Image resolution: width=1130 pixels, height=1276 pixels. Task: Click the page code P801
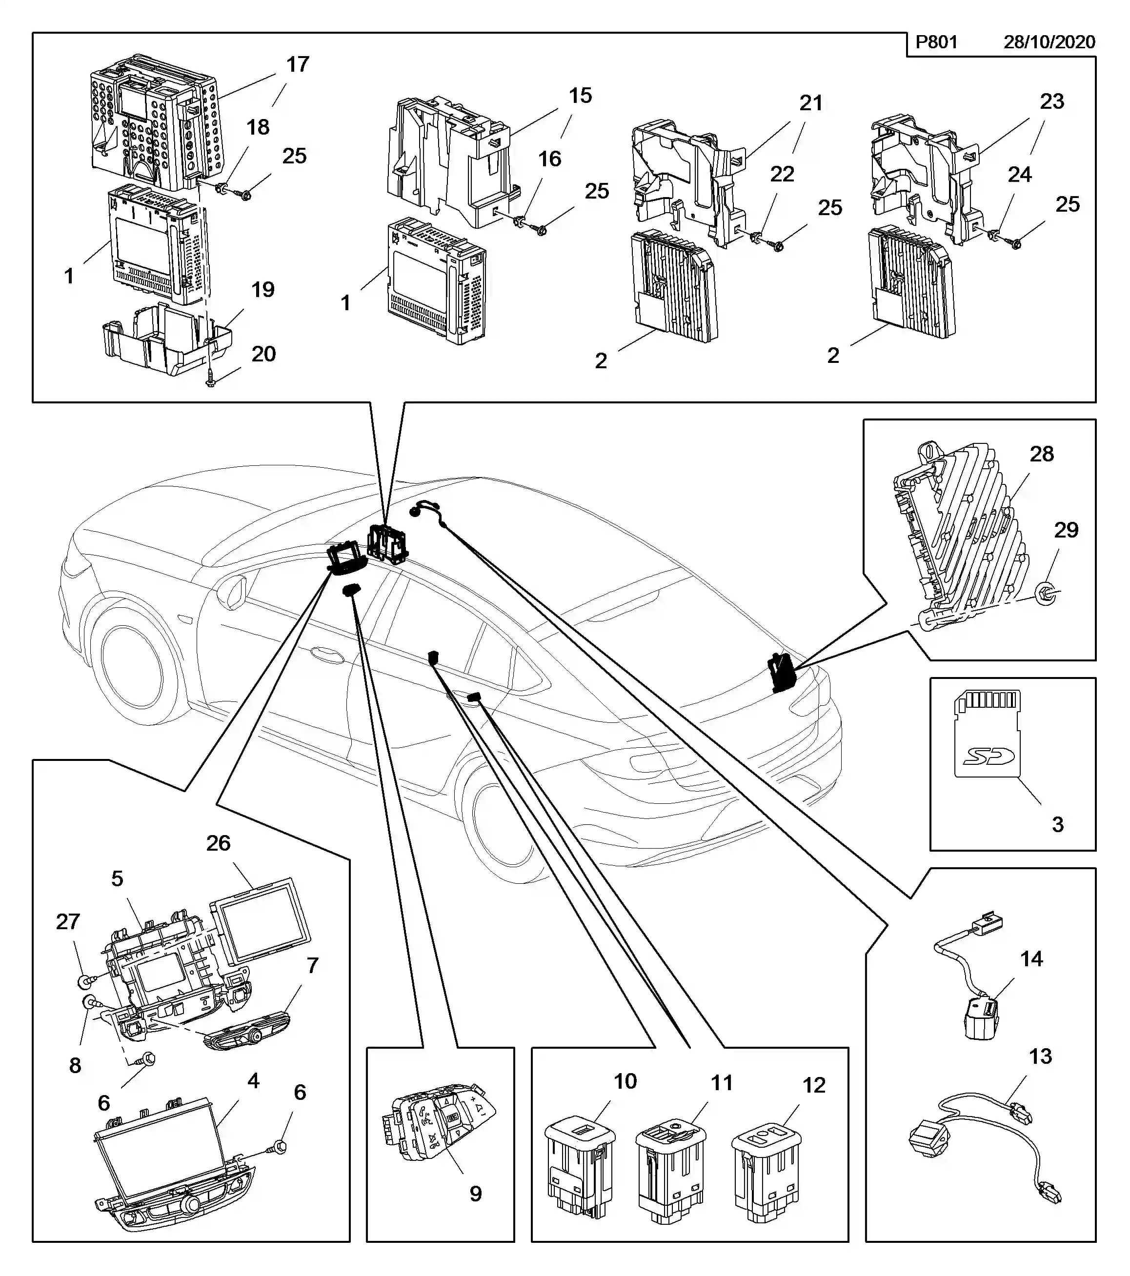tap(936, 42)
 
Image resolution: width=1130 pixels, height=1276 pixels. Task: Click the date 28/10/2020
tap(1049, 42)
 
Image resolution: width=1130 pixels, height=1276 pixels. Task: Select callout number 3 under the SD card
tap(1058, 824)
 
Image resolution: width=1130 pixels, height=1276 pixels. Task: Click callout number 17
tap(298, 64)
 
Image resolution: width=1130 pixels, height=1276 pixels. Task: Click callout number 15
tap(580, 96)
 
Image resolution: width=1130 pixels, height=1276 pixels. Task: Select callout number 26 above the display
tap(219, 843)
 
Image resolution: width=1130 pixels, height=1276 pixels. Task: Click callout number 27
tap(68, 921)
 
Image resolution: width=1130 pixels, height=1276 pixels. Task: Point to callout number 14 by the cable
tap(1031, 959)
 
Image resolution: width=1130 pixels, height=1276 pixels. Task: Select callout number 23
tap(1051, 101)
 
